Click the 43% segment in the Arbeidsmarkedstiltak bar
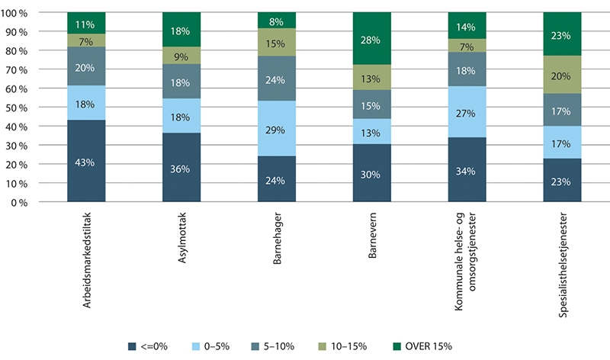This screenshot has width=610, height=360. coord(86,162)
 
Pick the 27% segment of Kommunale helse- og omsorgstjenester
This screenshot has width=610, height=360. coord(467,112)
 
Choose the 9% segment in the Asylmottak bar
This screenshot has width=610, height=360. coord(181,55)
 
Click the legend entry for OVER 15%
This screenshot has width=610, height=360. coord(424,346)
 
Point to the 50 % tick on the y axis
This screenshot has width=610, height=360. coord(35,108)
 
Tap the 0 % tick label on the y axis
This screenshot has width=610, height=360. coord(38,203)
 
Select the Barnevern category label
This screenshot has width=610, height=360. coord(371,234)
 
